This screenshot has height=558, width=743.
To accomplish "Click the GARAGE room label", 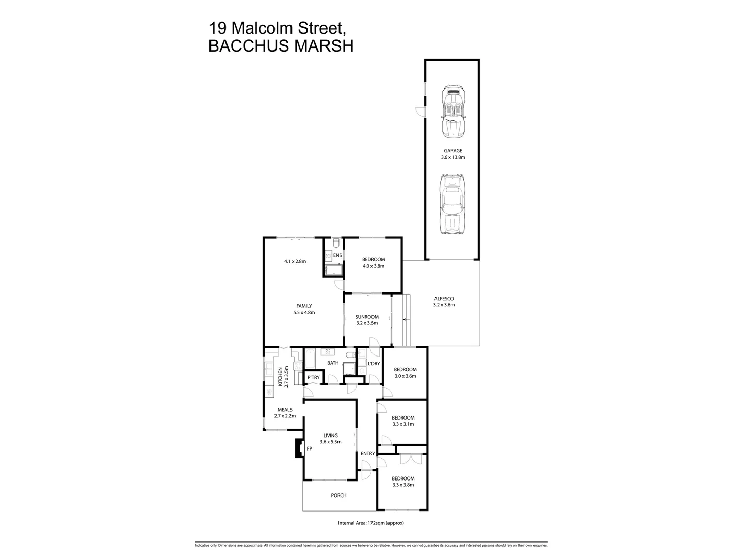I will (x=453, y=151).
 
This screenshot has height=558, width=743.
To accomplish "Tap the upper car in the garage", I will (x=454, y=112).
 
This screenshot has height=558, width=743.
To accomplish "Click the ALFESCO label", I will (x=444, y=299).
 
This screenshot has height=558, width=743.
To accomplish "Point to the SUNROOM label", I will (x=367, y=317).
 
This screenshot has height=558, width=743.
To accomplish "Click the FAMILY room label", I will (x=304, y=306).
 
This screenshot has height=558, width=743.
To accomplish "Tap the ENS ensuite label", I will (x=337, y=255).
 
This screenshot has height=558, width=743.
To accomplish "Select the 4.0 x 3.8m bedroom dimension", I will (x=374, y=266).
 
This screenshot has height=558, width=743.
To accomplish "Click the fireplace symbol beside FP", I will (x=298, y=448).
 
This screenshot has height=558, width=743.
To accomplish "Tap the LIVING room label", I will (x=330, y=436).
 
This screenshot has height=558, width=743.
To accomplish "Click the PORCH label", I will (x=338, y=495).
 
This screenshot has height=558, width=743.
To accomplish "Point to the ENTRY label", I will (x=367, y=454).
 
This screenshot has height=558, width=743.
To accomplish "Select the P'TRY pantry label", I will (x=314, y=378).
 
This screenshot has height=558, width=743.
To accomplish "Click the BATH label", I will (x=333, y=363).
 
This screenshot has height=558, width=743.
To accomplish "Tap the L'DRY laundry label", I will (x=374, y=364).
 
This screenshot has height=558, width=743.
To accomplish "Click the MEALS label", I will (x=284, y=410).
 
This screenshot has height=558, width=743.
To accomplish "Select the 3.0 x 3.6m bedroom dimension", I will (x=405, y=376).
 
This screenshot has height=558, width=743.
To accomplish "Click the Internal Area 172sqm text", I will (x=370, y=523).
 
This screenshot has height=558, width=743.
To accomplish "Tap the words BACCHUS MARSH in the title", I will (x=281, y=46).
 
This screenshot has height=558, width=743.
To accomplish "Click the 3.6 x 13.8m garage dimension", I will (x=453, y=157).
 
